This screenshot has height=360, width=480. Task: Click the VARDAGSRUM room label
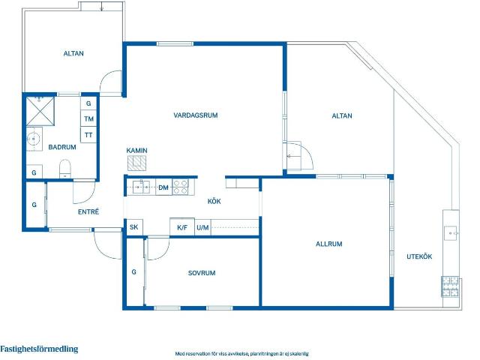pyautogui.click(x=196, y=115)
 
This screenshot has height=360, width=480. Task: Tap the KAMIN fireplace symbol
pyautogui.click(x=136, y=163)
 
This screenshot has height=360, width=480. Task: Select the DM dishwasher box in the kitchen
pyautogui.click(x=163, y=187)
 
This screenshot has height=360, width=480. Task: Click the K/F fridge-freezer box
pyautogui.click(x=182, y=227)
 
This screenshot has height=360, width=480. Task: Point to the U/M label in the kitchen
pyautogui.click(x=202, y=227)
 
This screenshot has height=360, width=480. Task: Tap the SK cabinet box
pyautogui.click(x=134, y=227)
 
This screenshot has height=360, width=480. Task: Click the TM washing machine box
pyautogui.click(x=88, y=118)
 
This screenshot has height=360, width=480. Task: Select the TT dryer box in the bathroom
pyautogui.click(x=88, y=135)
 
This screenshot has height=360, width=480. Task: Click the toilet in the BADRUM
pyautogui.click(x=65, y=168)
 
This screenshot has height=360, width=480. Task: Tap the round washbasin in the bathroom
pyautogui.click(x=33, y=139)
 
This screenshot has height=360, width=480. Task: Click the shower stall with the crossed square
pyautogui.click(x=40, y=111)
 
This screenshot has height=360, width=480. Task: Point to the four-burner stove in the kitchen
pyautogui.click(x=180, y=187)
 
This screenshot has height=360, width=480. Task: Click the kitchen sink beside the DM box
pyautogui.click(x=141, y=187)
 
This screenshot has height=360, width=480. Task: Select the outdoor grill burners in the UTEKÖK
pyautogui.click(x=450, y=286)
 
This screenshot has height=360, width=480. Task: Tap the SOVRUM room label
pyautogui.click(x=202, y=273)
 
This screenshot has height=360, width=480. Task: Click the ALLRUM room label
pyautogui.click(x=329, y=244)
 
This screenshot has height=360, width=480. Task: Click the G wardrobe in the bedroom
pyautogui.click(x=134, y=271)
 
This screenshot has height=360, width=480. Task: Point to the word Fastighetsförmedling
pyautogui.click(x=39, y=349)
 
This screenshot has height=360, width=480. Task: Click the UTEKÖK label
pyautogui.click(x=419, y=256)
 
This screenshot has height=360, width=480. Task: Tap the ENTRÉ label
pyautogui.click(x=88, y=211)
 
